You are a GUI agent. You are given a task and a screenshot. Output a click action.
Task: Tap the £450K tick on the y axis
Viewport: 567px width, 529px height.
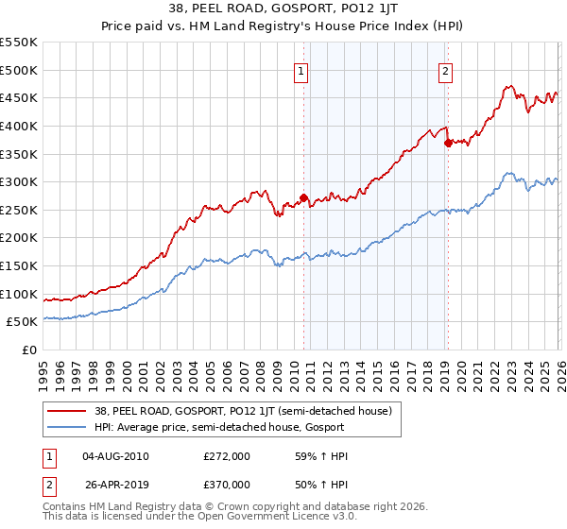(19, 97)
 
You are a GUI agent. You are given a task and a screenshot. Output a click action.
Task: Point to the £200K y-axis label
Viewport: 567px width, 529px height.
(19, 238)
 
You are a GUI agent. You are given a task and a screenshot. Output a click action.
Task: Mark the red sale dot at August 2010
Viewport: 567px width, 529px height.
(303, 197)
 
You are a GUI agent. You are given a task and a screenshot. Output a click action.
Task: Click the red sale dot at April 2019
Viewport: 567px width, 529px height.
(448, 143)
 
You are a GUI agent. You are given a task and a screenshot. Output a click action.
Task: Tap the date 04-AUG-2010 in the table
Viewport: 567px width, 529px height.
(115, 457)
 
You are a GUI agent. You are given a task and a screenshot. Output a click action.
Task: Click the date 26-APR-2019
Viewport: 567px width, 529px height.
(115, 484)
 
